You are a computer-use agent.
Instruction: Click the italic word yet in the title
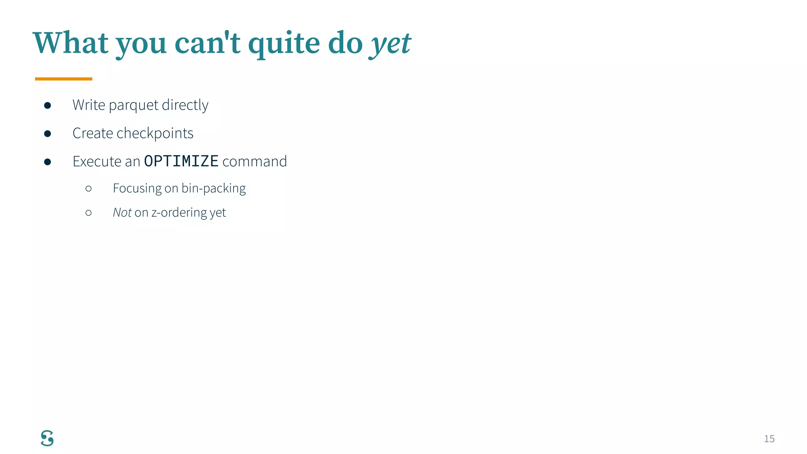(x=390, y=44)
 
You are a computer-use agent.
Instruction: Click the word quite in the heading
(x=284, y=44)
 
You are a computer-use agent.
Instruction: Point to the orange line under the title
(x=63, y=79)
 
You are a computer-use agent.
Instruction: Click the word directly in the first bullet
(x=185, y=105)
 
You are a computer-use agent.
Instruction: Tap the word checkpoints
(x=155, y=134)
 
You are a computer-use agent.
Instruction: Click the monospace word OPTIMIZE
(x=181, y=161)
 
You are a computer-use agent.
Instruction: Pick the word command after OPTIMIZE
(x=255, y=162)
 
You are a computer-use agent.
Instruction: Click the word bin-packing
(x=214, y=188)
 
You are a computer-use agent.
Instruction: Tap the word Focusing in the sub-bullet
(x=137, y=188)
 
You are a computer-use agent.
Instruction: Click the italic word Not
(x=122, y=212)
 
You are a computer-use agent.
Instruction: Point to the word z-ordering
(x=179, y=213)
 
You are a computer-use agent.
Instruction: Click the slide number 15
(x=769, y=439)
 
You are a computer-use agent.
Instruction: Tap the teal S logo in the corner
(x=47, y=438)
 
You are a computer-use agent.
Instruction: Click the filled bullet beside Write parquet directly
(x=48, y=105)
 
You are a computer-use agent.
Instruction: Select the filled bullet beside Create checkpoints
(x=48, y=134)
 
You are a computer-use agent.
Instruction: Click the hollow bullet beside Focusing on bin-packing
(x=89, y=189)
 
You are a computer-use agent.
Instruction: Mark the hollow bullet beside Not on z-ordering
(x=89, y=213)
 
